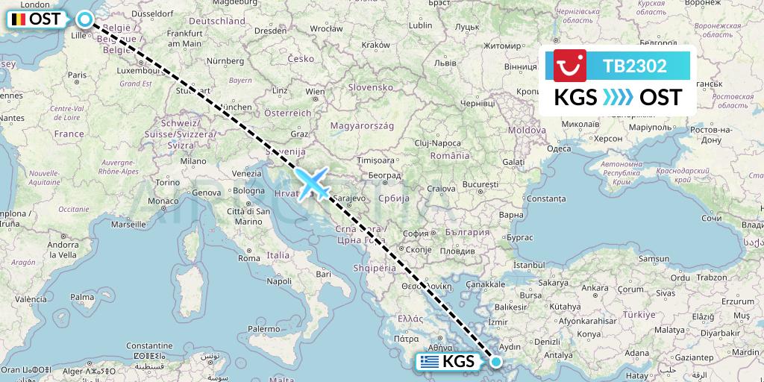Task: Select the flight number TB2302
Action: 635,66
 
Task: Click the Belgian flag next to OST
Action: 16,19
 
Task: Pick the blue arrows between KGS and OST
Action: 619,98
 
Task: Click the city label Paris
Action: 78,75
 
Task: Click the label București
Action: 479,183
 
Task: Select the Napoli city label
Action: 281,281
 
